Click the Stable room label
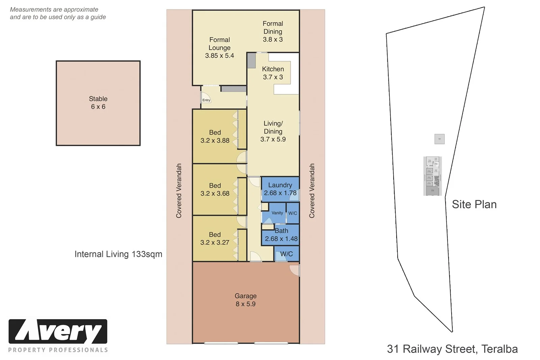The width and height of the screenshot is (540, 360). [98, 103]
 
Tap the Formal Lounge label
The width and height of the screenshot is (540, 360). [219, 48]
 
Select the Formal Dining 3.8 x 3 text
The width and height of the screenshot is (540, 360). [273, 31]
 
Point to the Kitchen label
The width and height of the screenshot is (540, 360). [273, 73]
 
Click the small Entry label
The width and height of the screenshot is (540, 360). [206, 100]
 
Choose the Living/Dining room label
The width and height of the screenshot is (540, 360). [273, 131]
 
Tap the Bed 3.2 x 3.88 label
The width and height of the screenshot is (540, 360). [215, 136]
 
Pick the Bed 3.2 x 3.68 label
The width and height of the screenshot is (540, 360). [215, 189]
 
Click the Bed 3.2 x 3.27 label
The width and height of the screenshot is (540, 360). [215, 238]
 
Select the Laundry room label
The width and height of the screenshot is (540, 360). [280, 189]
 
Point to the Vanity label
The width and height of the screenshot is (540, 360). [277, 213]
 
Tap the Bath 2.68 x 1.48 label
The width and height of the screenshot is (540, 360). [281, 235]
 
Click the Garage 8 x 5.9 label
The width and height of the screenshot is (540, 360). [245, 300]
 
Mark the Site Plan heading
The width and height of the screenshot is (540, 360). [474, 204]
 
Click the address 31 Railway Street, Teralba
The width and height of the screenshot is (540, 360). [452, 349]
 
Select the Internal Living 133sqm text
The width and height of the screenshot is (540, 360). [118, 254]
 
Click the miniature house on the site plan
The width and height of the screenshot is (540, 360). [432, 176]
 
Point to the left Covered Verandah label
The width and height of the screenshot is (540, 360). [179, 191]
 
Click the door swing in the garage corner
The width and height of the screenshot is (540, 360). [295, 270]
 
